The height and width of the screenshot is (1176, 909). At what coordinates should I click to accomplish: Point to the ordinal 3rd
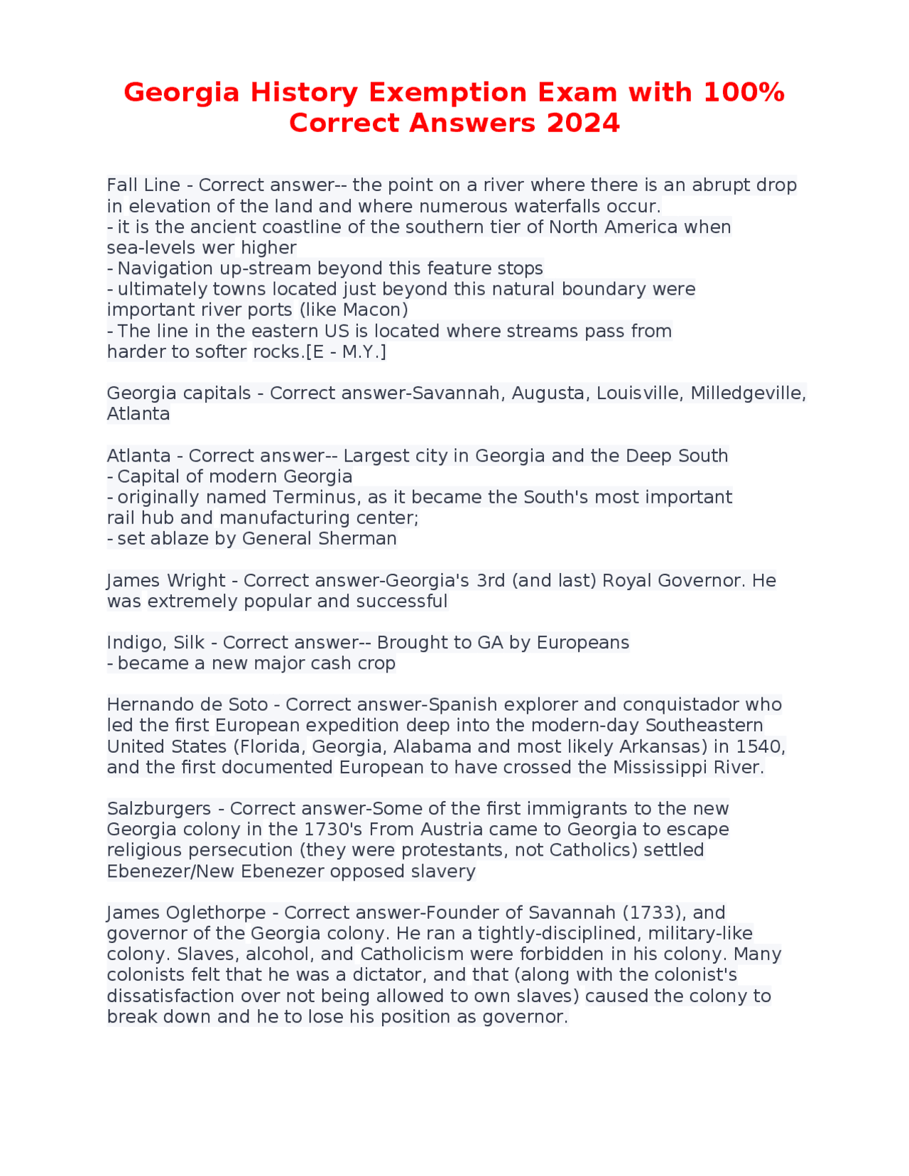[x=491, y=580]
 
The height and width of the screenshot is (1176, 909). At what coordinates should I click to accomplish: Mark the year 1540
[x=761, y=746]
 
